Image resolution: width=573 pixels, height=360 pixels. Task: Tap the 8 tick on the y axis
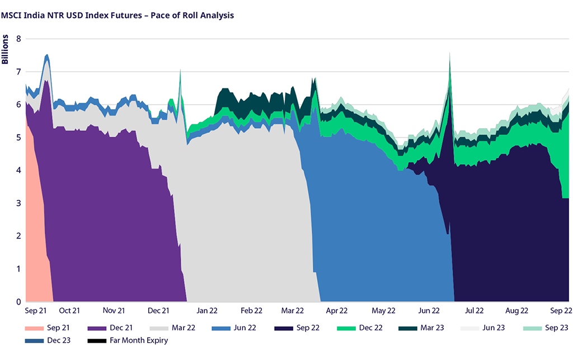coord(18,39)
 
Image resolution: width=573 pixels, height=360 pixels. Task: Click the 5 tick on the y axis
coord(18,138)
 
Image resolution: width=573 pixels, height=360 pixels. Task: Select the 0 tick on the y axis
coord(18,302)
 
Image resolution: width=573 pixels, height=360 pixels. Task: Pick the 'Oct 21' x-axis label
coord(69,310)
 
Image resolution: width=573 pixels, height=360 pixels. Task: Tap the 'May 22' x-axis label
coord(383,310)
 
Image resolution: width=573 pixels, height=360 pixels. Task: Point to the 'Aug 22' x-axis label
coord(516,310)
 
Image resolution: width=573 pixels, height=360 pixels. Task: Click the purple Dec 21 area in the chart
coord(106,224)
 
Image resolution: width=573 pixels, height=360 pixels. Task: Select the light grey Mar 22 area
coord(246,224)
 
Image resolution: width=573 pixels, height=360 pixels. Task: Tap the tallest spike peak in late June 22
coord(450,54)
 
